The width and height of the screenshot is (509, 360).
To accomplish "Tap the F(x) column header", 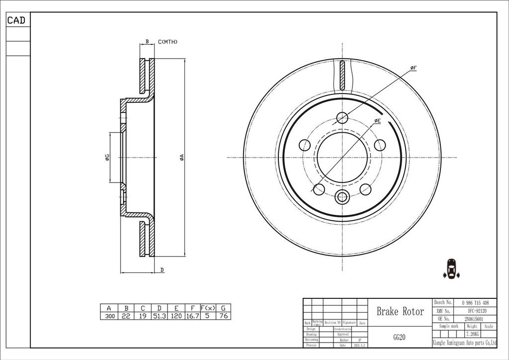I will click(x=208, y=308).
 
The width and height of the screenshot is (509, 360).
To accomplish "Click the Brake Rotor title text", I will click(x=400, y=312).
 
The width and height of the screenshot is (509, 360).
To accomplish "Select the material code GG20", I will click(x=399, y=337).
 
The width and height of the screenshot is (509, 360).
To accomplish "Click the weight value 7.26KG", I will click(x=472, y=335).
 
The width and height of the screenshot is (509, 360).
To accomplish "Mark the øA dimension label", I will click(x=182, y=157).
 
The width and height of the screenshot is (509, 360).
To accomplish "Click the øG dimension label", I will click(x=107, y=158).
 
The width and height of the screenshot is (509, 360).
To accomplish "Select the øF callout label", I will click(x=413, y=68).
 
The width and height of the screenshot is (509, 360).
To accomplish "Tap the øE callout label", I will click(x=377, y=121).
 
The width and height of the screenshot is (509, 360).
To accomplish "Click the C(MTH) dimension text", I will click(x=168, y=42).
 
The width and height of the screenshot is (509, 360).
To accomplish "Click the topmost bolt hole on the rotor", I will click(x=342, y=118).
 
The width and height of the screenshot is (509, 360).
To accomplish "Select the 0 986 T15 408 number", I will click(x=475, y=302).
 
